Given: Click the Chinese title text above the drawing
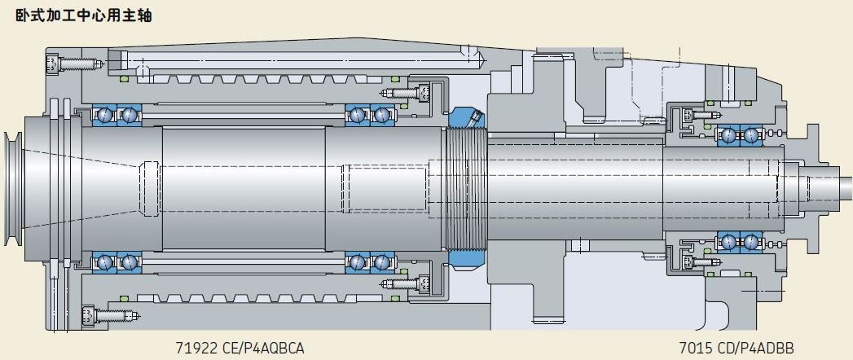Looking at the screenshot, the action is (x=83, y=15).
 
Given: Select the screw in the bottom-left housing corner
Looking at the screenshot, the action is (x=111, y=315).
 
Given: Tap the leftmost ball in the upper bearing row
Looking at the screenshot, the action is (x=103, y=115).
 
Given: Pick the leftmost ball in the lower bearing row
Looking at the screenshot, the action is (x=103, y=262).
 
